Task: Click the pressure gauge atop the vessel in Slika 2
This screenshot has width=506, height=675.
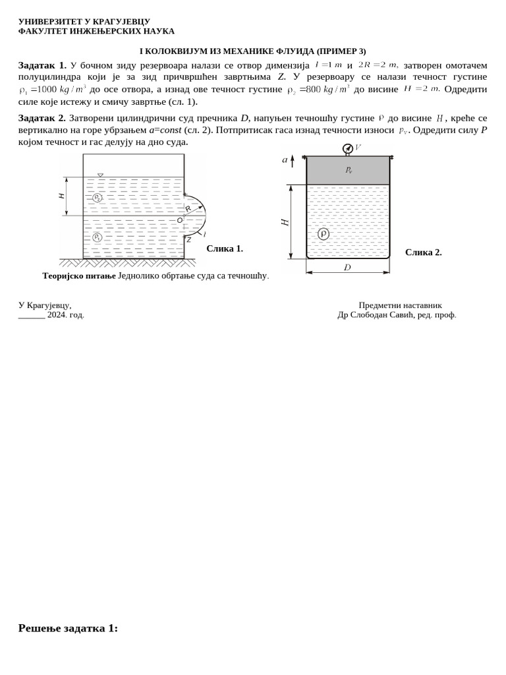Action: (x=347, y=148)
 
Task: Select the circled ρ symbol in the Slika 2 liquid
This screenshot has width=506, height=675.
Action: (x=323, y=234)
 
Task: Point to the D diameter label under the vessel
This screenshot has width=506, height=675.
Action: (x=347, y=268)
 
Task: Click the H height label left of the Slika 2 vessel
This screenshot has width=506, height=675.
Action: (x=285, y=223)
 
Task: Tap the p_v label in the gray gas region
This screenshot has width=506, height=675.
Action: (x=349, y=170)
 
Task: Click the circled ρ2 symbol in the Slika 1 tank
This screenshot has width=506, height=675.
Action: (x=98, y=198)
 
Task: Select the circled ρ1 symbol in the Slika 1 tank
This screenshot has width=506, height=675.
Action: (x=98, y=237)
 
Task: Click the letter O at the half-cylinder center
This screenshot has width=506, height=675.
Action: (x=179, y=220)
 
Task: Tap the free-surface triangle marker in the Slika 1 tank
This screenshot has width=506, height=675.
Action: (x=100, y=175)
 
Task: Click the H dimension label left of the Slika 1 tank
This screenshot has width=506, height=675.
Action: (x=62, y=196)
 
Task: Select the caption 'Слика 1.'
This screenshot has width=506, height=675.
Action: (x=225, y=249)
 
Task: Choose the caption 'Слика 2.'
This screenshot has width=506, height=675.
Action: (x=423, y=252)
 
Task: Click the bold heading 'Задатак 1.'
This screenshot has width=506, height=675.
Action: (x=42, y=65)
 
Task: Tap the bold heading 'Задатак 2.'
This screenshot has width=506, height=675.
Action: (x=42, y=118)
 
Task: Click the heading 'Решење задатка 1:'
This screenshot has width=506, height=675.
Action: (x=68, y=628)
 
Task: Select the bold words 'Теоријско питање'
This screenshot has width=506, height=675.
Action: (x=79, y=276)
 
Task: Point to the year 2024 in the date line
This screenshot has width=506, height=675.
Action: (x=56, y=315)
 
